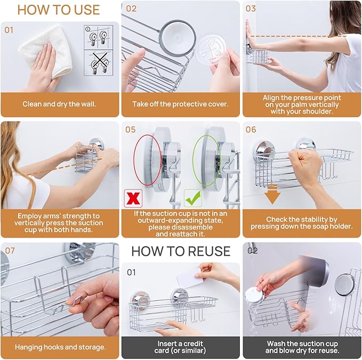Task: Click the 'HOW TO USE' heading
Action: (59, 10)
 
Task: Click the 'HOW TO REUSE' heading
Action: (181, 251)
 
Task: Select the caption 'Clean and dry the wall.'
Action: (59, 104)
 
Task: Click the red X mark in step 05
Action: (132, 198)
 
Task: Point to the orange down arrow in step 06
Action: (273, 195)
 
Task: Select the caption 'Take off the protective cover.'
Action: (180, 104)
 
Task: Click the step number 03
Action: (251, 9)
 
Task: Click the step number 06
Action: (251, 129)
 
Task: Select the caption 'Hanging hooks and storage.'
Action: (60, 347)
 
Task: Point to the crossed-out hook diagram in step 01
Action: (98, 65)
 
